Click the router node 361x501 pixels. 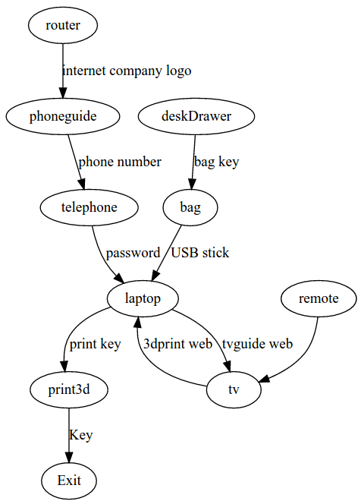click(x=63, y=26)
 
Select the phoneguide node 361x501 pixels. click(x=63, y=116)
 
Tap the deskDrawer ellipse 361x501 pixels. click(x=196, y=116)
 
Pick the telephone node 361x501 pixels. click(x=89, y=207)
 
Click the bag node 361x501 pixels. click(x=190, y=207)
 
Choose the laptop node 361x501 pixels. click(x=143, y=298)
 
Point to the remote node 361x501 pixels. click(x=319, y=298)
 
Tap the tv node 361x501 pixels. click(x=234, y=390)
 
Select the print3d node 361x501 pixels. click(x=69, y=390)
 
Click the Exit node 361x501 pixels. click(x=69, y=481)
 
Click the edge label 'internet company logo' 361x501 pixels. click(x=127, y=71)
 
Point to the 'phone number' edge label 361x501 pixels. click(x=120, y=162)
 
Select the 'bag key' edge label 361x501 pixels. click(x=217, y=162)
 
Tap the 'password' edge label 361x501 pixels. click(x=133, y=253)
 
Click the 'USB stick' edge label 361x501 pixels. click(x=200, y=253)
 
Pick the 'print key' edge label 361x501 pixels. click(x=95, y=345)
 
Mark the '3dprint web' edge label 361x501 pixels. click(x=177, y=344)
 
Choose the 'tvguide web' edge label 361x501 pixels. click(x=257, y=344)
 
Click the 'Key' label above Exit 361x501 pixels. click(x=81, y=436)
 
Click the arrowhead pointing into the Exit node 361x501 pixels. click(x=69, y=458)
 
